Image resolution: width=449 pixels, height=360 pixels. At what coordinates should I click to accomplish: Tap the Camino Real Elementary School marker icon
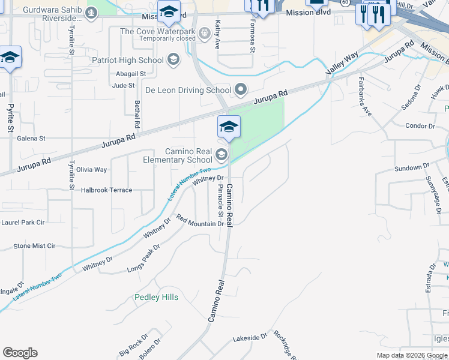(221, 155)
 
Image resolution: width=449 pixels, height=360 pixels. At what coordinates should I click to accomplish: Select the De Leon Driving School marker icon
(241, 90)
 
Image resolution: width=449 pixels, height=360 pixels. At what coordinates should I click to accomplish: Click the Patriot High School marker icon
(173, 59)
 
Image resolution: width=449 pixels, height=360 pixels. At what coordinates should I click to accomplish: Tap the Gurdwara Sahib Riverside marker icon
(91, 13)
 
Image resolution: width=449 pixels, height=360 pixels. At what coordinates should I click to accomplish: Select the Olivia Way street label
(91, 170)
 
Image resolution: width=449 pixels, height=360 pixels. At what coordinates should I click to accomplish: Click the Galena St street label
(31, 139)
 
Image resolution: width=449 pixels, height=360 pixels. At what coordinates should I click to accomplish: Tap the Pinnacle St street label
(220, 200)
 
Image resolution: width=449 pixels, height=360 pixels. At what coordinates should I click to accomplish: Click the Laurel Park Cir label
(23, 222)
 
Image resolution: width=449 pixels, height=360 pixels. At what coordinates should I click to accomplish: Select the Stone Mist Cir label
(34, 245)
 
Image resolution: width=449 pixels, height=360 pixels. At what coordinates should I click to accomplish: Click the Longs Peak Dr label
(143, 259)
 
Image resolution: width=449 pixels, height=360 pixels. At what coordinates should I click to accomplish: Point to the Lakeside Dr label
(249, 338)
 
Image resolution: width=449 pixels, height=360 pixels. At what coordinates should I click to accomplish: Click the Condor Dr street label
(420, 126)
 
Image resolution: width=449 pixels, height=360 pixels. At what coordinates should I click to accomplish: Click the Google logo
(20, 353)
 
